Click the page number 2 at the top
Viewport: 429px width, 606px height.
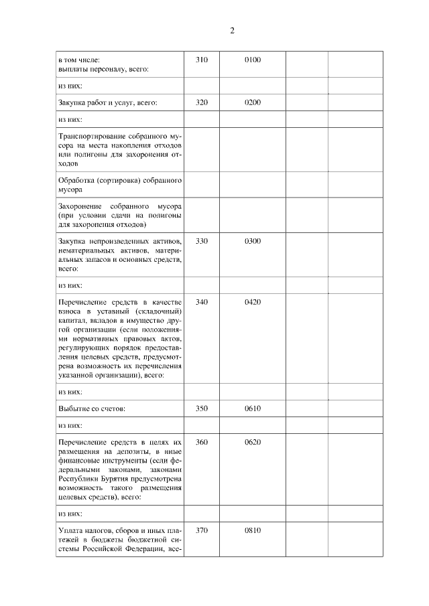pyautogui.click(x=231, y=31)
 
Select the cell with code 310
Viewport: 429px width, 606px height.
pyautogui.click(x=202, y=60)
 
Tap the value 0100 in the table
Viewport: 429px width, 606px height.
pyautogui.click(x=253, y=60)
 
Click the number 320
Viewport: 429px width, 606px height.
pyautogui.click(x=202, y=102)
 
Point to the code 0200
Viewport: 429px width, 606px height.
pyautogui.click(x=253, y=102)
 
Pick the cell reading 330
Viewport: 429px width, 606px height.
pyautogui.click(x=202, y=241)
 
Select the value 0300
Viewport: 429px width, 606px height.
pyautogui.click(x=253, y=241)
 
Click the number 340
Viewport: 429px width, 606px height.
pyautogui.click(x=202, y=302)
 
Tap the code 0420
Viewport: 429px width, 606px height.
pyautogui.click(x=253, y=302)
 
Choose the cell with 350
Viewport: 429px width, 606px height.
pyautogui.click(x=202, y=408)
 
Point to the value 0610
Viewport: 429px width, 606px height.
pyautogui.click(x=253, y=408)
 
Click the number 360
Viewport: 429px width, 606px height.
pyautogui.click(x=202, y=443)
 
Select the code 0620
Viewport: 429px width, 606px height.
pyautogui.click(x=253, y=443)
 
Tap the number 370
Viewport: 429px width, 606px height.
pyautogui.click(x=202, y=530)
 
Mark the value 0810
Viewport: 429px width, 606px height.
pyautogui.click(x=253, y=530)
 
